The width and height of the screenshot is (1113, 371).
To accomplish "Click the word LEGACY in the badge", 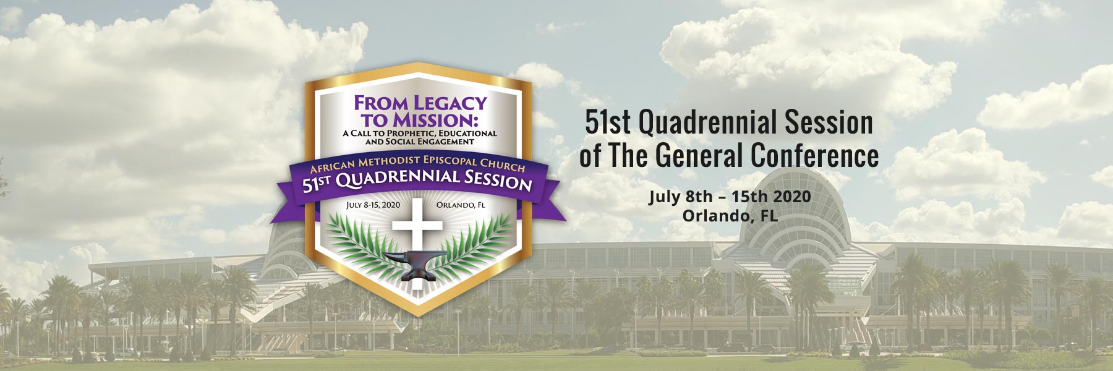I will [x=450, y=103].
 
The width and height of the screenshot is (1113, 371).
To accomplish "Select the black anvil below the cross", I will [x=410, y=265].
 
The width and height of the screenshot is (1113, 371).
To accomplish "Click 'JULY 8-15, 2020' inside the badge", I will [x=373, y=205].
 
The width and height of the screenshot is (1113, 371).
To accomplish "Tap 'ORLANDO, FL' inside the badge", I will [x=461, y=205].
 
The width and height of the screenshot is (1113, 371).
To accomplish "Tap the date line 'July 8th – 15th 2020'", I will [x=729, y=197].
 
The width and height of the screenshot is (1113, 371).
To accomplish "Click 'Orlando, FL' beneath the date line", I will [x=730, y=216].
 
